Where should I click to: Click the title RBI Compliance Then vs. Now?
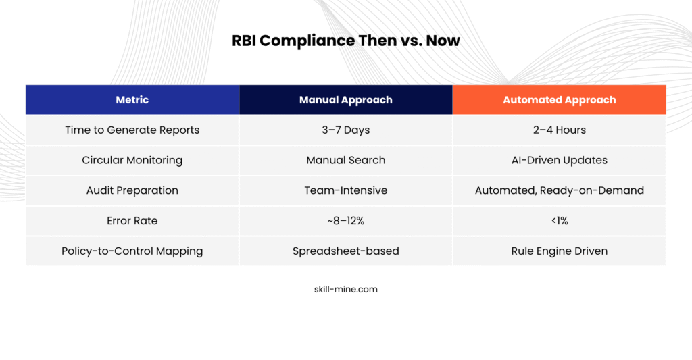pos(346,41)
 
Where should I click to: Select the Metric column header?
pos(132,100)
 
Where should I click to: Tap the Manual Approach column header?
pos(345,100)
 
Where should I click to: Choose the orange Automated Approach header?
pos(559,100)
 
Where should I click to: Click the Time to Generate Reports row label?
pos(132,130)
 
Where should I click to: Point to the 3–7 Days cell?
pos(345,130)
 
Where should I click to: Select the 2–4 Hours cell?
pos(559,130)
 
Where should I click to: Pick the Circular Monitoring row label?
pos(132,160)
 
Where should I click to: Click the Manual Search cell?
pos(345,160)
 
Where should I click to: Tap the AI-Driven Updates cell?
pos(559,160)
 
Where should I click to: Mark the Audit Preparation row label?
pos(132,190)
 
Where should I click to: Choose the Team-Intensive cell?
pos(345,190)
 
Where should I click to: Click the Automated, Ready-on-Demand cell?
pos(559,190)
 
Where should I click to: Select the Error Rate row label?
pos(132,221)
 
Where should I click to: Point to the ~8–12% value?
pos(345,221)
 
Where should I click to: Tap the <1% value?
pos(559,221)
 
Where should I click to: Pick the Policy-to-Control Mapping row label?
pos(132,251)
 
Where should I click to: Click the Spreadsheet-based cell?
pos(345,251)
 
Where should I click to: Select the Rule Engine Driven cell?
pos(559,251)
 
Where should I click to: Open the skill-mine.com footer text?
pos(345,289)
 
